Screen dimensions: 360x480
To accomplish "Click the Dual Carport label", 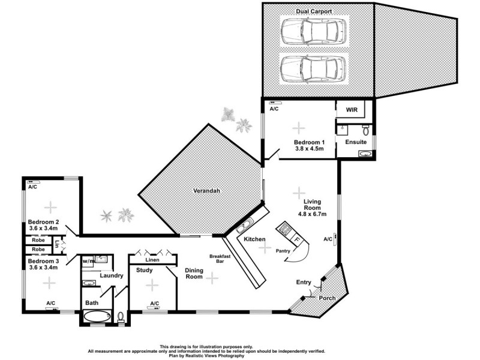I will pyautogui.click(x=314, y=11).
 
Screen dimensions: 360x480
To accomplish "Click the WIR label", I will pyautogui.click(x=351, y=111).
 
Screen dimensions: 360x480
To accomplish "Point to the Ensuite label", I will pyautogui.click(x=356, y=142).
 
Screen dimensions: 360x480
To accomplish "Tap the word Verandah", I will pyautogui.click(x=206, y=191).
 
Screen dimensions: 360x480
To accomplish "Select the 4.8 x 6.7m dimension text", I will pyautogui.click(x=311, y=214).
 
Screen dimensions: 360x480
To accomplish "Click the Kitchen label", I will pyautogui.click(x=254, y=239).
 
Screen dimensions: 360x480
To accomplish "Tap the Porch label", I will pyautogui.click(x=327, y=298).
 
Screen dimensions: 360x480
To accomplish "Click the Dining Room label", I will pyautogui.click(x=194, y=274).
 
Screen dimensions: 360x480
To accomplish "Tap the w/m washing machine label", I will pyautogui.click(x=89, y=261).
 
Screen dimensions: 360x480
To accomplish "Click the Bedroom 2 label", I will pyautogui.click(x=43, y=223).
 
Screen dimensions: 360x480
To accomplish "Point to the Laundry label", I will pyautogui.click(x=112, y=276).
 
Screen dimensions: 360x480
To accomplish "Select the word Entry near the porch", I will pyautogui.click(x=304, y=282).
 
